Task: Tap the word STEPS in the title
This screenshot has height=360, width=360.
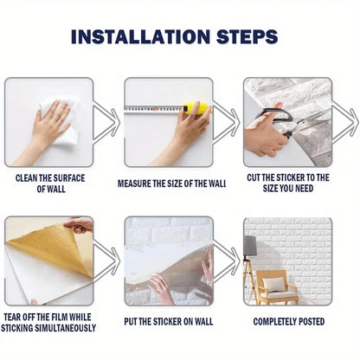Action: point(247,36)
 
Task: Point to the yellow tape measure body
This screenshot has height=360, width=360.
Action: point(198,110)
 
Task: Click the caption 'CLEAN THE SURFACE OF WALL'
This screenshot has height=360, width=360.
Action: point(50,183)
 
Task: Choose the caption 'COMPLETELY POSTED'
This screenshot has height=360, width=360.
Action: point(289,321)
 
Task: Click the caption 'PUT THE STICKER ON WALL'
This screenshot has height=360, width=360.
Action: point(169,321)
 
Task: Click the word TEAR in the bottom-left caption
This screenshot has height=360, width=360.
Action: point(15,316)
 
